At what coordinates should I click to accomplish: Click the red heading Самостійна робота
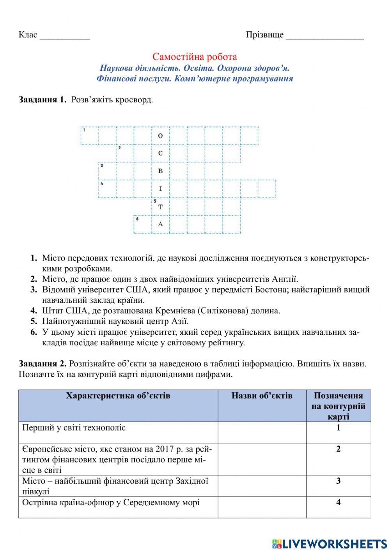[x=194, y=57]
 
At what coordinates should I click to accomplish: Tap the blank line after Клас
[x=65, y=36]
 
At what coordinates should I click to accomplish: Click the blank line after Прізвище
[x=324, y=36]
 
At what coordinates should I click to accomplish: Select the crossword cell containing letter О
[x=160, y=136]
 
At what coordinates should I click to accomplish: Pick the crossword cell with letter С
[x=160, y=153]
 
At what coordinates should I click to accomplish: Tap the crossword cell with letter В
[x=160, y=171]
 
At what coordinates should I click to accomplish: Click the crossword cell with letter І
[x=160, y=189]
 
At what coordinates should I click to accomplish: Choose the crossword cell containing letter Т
[x=160, y=207]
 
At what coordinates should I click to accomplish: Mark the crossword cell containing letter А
[x=160, y=224]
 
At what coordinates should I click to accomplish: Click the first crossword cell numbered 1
[x=89, y=136]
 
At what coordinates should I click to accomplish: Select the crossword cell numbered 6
[x=143, y=224]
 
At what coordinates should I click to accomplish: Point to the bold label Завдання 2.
[x=43, y=364]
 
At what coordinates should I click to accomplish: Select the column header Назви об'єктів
[x=262, y=396]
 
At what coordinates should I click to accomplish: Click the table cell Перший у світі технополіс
[x=74, y=428]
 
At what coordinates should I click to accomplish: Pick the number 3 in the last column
[x=338, y=481]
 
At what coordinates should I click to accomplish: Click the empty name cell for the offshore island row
[x=262, y=507]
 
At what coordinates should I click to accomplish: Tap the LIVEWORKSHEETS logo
[x=330, y=543]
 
